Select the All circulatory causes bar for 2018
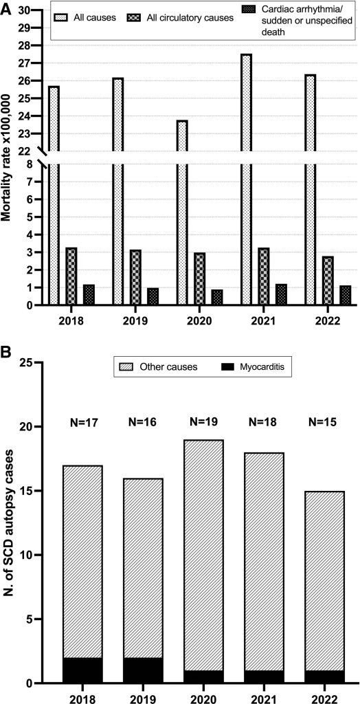coord(71,276)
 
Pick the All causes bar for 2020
coord(181,213)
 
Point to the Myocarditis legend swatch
coord(227,367)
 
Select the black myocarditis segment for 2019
coord(143,671)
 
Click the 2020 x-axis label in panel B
coord(204,698)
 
